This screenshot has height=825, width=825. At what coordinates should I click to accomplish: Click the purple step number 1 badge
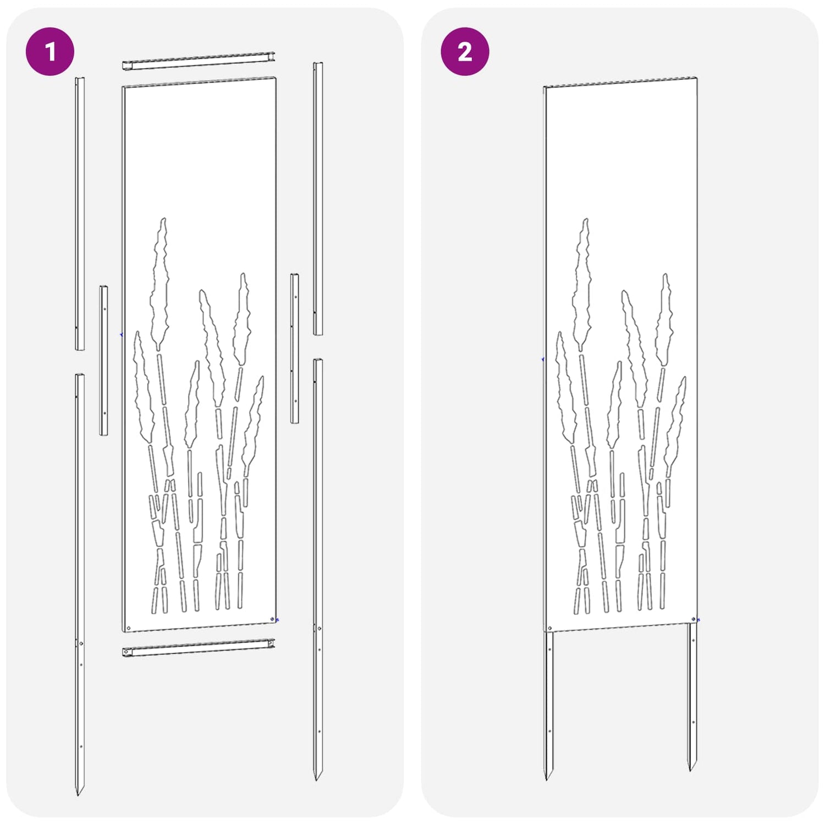[50, 51]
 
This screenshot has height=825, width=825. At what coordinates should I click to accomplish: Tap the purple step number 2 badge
[465, 51]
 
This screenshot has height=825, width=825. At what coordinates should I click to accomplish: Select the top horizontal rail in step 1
[199, 61]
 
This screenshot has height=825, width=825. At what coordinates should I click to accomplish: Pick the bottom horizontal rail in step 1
[199, 647]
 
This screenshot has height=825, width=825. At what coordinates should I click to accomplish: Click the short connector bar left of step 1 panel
[103, 360]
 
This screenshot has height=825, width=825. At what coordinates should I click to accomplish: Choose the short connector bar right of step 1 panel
[295, 348]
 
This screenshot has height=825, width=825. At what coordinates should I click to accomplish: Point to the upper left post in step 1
[80, 213]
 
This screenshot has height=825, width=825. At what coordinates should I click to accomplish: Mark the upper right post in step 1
[318, 199]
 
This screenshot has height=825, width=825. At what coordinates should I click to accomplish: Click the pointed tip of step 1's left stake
[78, 795]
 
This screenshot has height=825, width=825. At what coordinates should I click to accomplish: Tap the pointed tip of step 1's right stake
[317, 779]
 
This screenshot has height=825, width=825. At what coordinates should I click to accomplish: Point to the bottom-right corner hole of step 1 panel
[273, 619]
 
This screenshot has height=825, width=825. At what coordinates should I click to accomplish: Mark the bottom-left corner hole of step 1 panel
[129, 628]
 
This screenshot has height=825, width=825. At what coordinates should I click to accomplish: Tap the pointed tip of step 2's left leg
[548, 778]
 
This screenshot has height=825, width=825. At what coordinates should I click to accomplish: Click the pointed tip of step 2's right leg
[691, 769]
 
